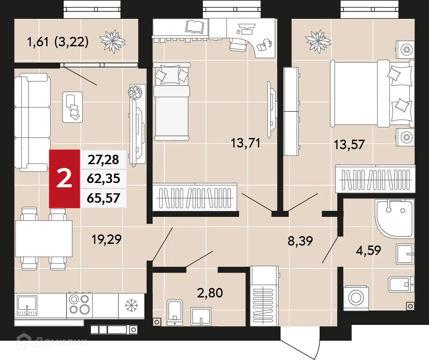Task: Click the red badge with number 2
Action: coord(64,179)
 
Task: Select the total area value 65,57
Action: coord(103,198)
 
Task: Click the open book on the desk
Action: coord(196,26)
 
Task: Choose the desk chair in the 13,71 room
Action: coord(238,43)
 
